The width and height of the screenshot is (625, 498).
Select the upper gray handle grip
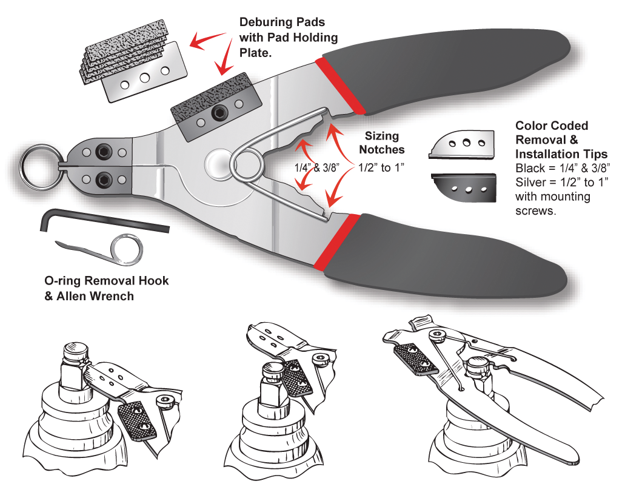461,67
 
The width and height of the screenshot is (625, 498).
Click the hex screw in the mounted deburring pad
216,113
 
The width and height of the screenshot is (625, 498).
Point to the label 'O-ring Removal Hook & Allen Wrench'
107,289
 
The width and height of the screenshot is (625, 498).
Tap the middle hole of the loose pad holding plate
145,78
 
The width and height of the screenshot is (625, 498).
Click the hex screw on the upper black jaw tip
105,150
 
